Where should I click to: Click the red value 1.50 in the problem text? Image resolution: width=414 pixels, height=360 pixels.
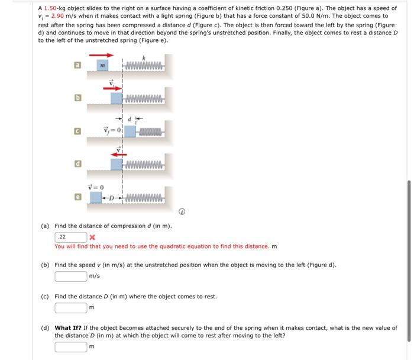pos(50,8)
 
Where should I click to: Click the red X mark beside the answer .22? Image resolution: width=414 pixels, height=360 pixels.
pos(92,237)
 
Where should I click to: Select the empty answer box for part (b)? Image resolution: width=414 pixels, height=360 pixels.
pos(70,276)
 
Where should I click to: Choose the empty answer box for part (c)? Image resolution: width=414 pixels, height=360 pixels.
pos(70,307)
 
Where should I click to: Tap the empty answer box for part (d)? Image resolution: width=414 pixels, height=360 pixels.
pos(70,346)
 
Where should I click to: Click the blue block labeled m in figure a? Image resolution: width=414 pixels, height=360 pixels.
pos(102,65)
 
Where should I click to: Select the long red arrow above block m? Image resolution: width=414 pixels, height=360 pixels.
pos(101,55)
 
